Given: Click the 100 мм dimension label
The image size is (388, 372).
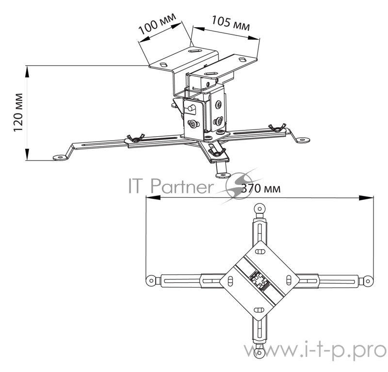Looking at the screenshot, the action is tap(157, 23).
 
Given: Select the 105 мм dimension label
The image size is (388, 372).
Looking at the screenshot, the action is tap(230, 23).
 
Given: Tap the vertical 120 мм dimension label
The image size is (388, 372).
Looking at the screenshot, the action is tap(18, 113).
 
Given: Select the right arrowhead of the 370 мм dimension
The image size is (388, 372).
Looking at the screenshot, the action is tap(366, 197).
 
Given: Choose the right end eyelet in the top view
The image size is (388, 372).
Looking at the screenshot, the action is tap(368, 281).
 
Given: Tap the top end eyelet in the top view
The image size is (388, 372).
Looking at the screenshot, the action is tap(259, 209).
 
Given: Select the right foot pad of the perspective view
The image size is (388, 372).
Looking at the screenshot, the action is tap(303, 140).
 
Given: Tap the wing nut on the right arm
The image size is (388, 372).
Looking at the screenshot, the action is tap(277, 128).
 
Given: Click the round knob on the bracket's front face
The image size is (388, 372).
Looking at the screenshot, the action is tap(190, 108).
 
